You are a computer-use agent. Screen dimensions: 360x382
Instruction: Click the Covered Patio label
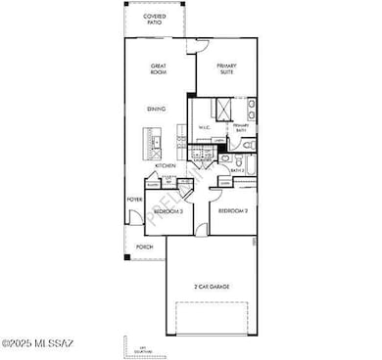tap(154, 21)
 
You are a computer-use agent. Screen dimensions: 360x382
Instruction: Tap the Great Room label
tap(158, 69)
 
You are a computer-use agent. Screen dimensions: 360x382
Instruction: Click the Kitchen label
tap(166, 167)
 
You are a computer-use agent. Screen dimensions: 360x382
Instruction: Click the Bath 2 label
tap(237, 170)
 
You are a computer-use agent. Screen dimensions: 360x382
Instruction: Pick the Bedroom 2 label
tap(231, 210)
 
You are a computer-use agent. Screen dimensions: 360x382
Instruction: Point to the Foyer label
tap(134, 201)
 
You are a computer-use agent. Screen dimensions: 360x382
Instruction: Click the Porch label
tap(144, 247)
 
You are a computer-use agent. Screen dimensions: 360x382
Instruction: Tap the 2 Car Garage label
tap(211, 286)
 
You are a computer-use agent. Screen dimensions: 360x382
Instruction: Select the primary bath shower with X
tap(221, 108)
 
